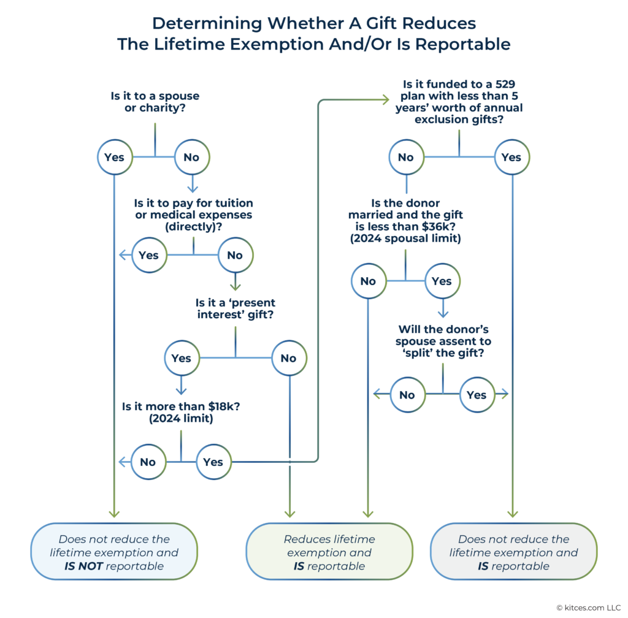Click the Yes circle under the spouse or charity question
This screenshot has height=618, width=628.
[115, 158]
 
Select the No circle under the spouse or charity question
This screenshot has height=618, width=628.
[192, 158]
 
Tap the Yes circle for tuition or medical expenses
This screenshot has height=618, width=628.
[149, 256]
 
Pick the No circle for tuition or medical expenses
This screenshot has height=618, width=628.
[235, 256]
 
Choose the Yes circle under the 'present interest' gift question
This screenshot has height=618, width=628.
[182, 359]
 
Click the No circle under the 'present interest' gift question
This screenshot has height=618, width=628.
[288, 359]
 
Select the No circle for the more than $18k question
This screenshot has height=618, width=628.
[148, 462]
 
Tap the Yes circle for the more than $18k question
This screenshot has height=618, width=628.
[213, 462]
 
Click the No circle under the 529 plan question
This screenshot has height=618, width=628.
[406, 158]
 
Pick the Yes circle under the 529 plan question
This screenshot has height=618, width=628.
[511, 158]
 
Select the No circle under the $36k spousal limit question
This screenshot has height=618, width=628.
[368, 281]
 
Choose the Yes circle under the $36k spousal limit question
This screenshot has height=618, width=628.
[442, 281]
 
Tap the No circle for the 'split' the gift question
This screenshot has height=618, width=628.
[407, 395]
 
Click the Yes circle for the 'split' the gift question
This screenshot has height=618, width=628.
[477, 395]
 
